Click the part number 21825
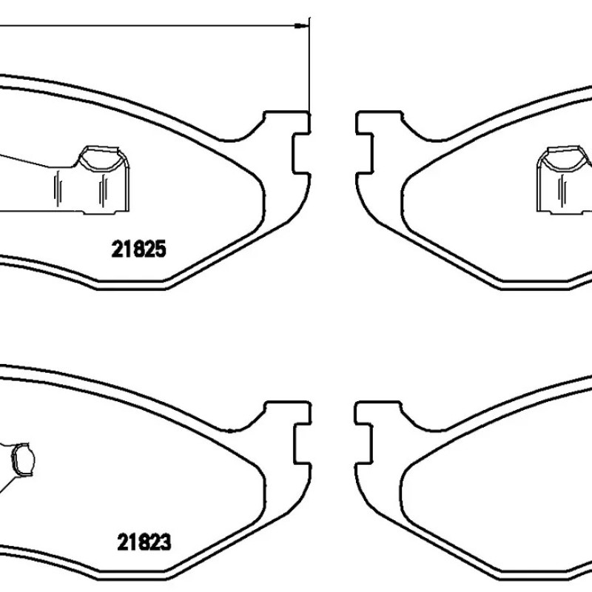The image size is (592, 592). coord(138,249)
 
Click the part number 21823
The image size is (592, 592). coord(144,542)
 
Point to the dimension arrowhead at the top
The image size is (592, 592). coord(301,26)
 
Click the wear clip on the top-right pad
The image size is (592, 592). coord(565,179)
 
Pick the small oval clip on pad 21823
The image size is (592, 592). coord(23,460)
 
